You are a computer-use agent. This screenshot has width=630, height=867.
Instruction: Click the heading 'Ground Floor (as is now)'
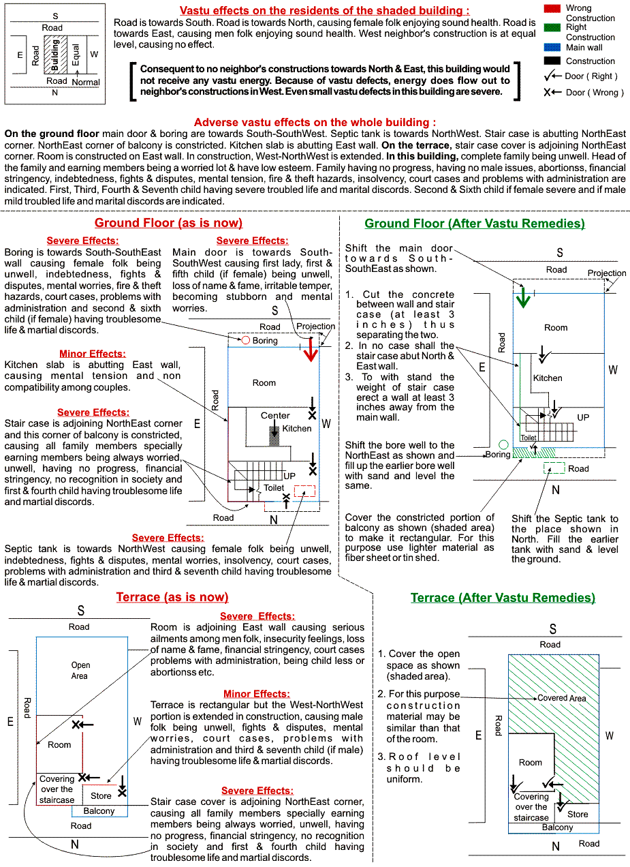(168, 224)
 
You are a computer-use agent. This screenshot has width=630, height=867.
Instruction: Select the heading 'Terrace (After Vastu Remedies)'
(503, 598)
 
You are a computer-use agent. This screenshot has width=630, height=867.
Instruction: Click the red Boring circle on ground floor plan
(246, 340)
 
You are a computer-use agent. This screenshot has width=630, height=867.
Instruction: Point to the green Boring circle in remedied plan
(503, 445)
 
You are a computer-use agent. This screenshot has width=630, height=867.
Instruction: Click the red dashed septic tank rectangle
(304, 491)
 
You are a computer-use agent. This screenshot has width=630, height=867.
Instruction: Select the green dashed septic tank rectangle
(554, 468)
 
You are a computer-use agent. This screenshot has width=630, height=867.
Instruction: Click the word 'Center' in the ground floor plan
(275, 415)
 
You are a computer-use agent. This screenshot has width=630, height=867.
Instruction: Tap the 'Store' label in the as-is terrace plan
(101, 795)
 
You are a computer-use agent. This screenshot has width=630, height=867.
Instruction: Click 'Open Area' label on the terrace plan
(80, 670)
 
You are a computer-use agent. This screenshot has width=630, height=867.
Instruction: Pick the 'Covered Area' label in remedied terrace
(561, 698)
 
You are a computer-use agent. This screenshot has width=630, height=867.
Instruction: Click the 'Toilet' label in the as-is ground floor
(274, 488)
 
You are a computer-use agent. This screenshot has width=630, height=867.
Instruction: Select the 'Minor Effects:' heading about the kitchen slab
(92, 354)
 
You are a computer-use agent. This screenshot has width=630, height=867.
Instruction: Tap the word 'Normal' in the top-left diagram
(86, 82)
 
